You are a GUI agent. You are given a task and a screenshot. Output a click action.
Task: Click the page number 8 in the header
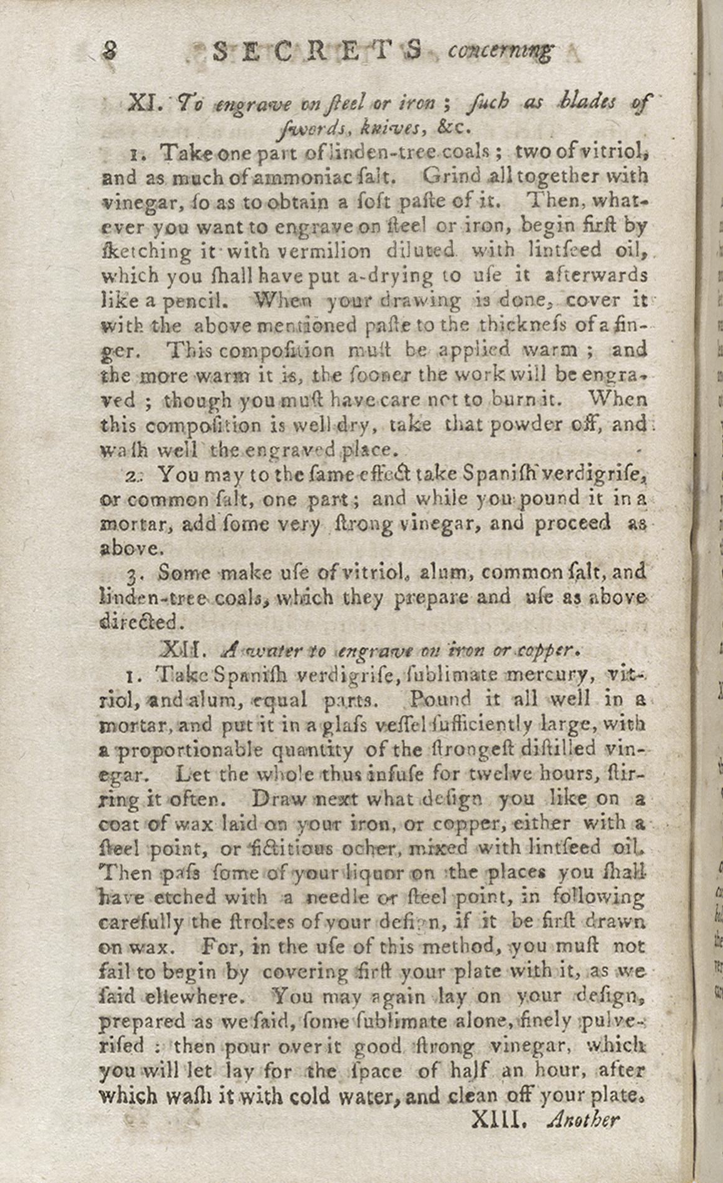[111, 51]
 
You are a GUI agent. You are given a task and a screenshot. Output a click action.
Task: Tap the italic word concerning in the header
[500, 51]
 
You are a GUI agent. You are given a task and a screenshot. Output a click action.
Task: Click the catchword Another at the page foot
[583, 1119]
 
